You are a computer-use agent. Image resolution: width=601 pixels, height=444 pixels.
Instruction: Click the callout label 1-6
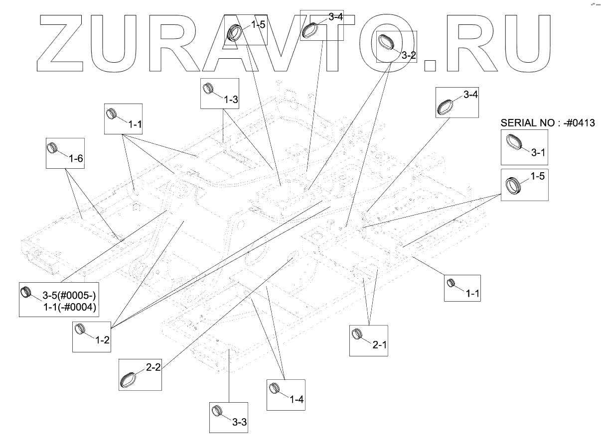tap(76, 159)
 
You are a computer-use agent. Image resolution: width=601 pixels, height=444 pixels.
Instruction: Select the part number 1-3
tap(231, 99)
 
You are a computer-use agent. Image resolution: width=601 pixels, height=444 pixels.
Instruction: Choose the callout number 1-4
tap(297, 399)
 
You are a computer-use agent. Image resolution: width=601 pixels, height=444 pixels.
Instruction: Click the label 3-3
tap(240, 422)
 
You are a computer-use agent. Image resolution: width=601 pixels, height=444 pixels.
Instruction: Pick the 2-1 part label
tap(380, 345)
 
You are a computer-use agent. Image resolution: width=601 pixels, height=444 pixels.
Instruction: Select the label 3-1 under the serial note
tap(538, 154)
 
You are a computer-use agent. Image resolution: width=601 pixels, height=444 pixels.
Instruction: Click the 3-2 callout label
tap(408, 55)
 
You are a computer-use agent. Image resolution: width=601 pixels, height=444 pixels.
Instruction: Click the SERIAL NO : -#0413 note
tap(548, 123)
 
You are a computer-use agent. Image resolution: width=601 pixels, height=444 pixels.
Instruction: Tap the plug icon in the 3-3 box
tap(217, 412)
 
